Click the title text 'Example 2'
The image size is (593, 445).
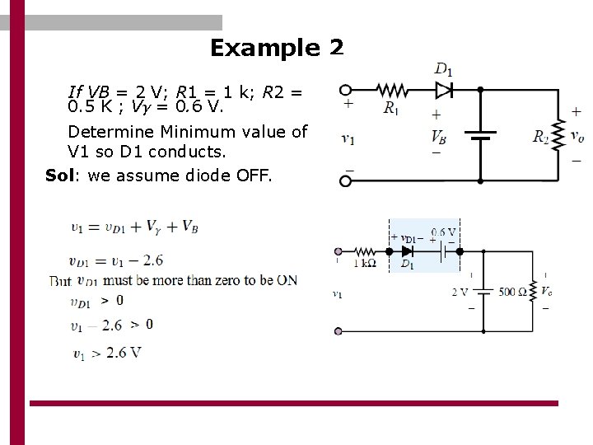point(276,48)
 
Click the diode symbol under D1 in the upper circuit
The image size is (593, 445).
point(444,89)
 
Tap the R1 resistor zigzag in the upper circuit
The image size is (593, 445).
point(392,89)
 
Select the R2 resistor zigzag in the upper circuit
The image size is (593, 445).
point(558,134)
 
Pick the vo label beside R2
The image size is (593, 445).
point(577,136)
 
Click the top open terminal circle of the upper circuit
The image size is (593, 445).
point(346,90)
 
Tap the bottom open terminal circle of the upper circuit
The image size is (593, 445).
point(346,180)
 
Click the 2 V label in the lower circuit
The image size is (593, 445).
point(460,291)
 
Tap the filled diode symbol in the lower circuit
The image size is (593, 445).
point(407,251)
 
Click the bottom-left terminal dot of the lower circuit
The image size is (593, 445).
point(338,331)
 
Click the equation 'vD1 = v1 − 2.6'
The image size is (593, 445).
point(116,261)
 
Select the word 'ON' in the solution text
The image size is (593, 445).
point(287,280)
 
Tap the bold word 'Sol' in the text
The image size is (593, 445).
point(59,176)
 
